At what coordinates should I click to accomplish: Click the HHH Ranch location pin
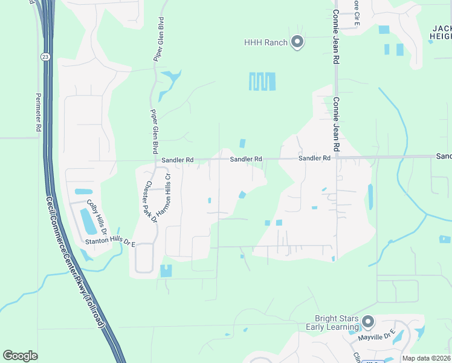pyautogui.click(x=297, y=42)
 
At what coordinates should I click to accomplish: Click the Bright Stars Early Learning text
pyautogui.click(x=337, y=323)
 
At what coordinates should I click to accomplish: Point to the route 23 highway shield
pyautogui.click(x=45, y=56)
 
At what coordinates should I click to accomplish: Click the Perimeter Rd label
pyautogui.click(x=38, y=112)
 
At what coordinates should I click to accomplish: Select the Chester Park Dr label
pyautogui.click(x=151, y=202)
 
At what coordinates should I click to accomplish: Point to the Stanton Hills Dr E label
pyautogui.click(x=111, y=241)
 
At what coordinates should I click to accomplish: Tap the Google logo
pyautogui.click(x=20, y=356)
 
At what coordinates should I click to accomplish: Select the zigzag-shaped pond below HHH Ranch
pyautogui.click(x=262, y=81)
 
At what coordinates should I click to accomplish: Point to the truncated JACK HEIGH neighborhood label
pyautogui.click(x=442, y=33)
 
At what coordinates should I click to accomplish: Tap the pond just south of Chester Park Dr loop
pyautogui.click(x=166, y=270)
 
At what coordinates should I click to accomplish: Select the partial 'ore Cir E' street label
pyautogui.click(x=357, y=12)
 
